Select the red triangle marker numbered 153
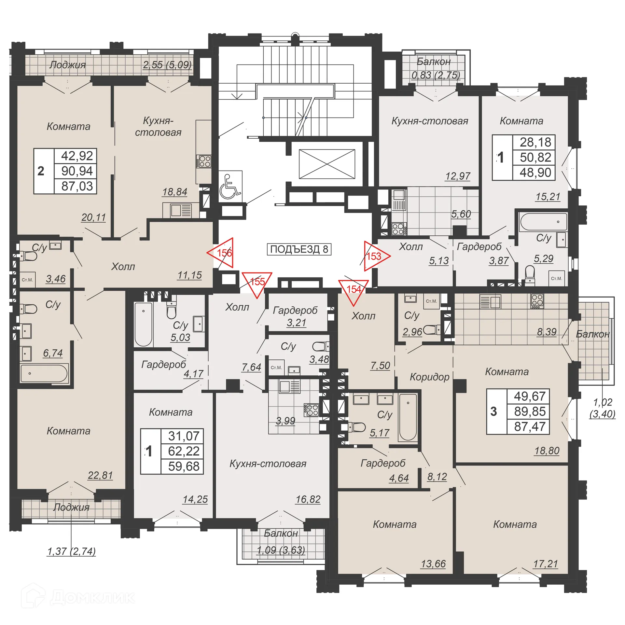click(375, 256)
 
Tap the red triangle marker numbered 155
click(257, 282)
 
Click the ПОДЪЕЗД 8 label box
click(299, 249)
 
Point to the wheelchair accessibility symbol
click(230, 187)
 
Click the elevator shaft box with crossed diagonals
click(327, 164)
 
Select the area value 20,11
click(93, 217)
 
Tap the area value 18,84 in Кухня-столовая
click(175, 192)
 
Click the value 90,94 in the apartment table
click(77, 171)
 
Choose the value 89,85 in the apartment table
click(530, 411)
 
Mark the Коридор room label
click(429, 377)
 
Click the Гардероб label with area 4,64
click(383, 463)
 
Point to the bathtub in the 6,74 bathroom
click(44, 373)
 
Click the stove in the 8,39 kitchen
click(537, 301)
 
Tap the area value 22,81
click(100, 475)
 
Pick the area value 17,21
click(546, 564)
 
